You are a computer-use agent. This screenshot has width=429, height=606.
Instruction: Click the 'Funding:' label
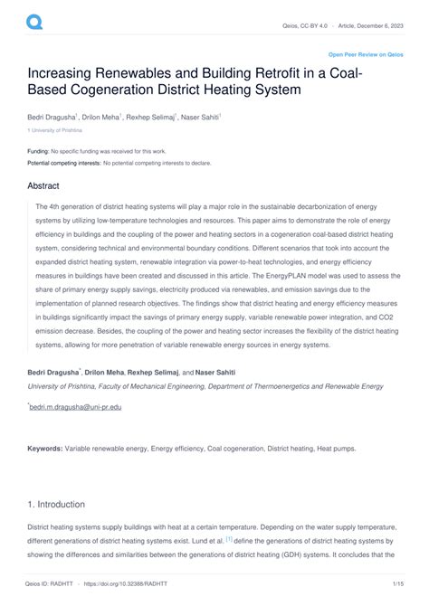point(38,151)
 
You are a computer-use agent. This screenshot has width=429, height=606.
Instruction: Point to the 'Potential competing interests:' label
point(63,163)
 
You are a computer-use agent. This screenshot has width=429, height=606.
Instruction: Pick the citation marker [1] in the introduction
point(229,538)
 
